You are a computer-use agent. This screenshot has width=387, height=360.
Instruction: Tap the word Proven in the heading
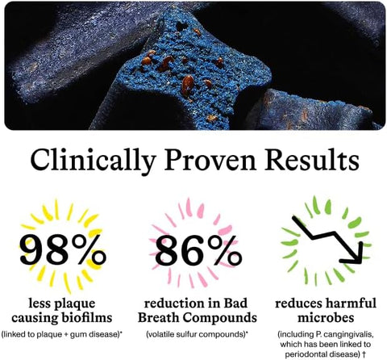tap(210, 161)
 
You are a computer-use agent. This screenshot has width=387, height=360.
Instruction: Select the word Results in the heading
tap(312, 160)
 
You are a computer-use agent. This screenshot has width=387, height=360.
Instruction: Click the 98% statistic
tap(62, 249)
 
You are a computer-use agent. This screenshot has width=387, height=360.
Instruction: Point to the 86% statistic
tap(198, 250)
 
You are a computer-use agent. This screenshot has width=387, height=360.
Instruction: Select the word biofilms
tap(86, 317)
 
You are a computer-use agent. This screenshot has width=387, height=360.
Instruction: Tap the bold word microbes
tap(326, 317)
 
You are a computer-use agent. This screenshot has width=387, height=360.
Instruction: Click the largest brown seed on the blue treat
tap(187, 85)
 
